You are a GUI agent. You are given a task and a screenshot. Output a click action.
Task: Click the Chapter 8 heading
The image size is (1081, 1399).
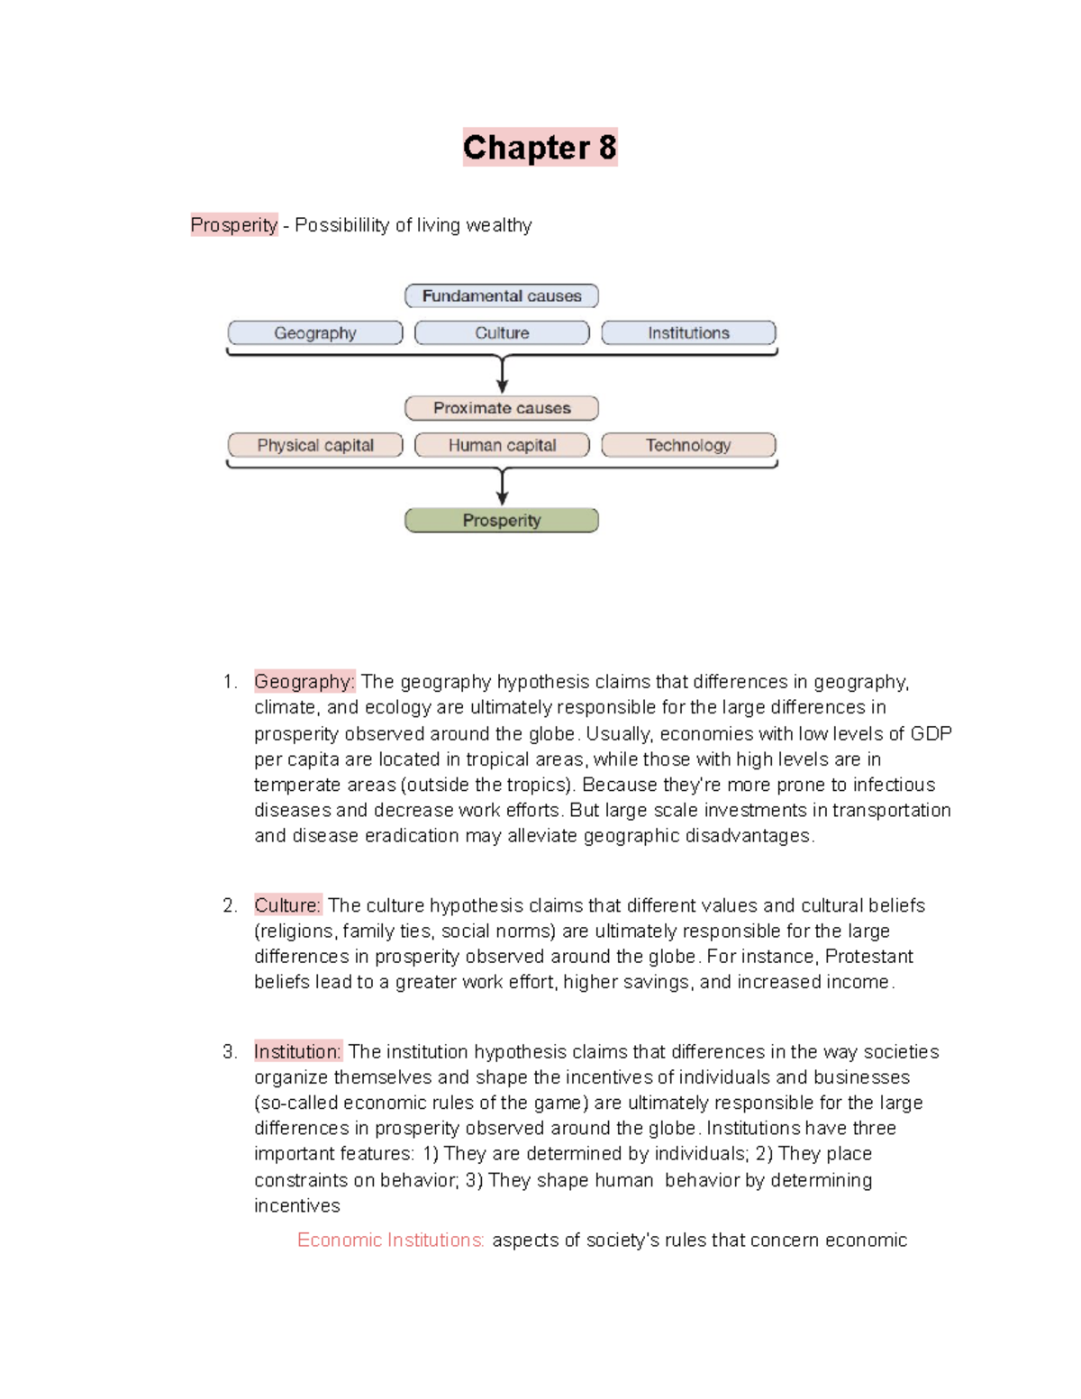[x=540, y=148]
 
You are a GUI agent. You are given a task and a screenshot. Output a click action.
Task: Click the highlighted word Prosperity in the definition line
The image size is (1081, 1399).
[x=234, y=225]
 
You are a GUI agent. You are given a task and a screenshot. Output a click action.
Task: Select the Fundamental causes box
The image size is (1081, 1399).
[x=502, y=295]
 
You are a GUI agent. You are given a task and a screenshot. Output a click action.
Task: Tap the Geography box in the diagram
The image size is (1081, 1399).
[x=315, y=333]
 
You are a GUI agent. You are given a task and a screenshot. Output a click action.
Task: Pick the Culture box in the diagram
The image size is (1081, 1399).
[x=502, y=333]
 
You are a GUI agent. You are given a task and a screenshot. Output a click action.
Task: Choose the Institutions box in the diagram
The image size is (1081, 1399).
[x=688, y=333]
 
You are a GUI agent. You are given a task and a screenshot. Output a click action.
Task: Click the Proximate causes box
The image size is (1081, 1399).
[x=502, y=408]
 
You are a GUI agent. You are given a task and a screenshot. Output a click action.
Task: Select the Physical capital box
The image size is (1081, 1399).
[x=315, y=445]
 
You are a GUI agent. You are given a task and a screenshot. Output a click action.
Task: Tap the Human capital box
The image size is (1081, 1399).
[x=502, y=445]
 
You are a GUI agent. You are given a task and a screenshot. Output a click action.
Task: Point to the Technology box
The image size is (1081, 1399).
[x=688, y=445]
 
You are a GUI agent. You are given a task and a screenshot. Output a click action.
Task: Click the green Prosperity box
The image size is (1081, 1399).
[x=502, y=521]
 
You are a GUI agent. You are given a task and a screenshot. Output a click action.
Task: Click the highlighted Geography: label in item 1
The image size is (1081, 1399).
[x=304, y=682]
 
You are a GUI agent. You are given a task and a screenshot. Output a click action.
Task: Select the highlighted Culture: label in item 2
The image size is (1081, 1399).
[x=287, y=905]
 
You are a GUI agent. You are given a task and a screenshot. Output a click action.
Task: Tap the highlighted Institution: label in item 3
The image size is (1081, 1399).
[x=297, y=1051]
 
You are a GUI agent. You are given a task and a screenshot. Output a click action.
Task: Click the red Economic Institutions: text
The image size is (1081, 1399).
[x=391, y=1240]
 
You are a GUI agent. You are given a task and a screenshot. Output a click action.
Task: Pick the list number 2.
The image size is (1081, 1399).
[x=230, y=905]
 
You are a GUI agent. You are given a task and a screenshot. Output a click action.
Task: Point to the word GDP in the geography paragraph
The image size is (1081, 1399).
[x=931, y=733]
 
